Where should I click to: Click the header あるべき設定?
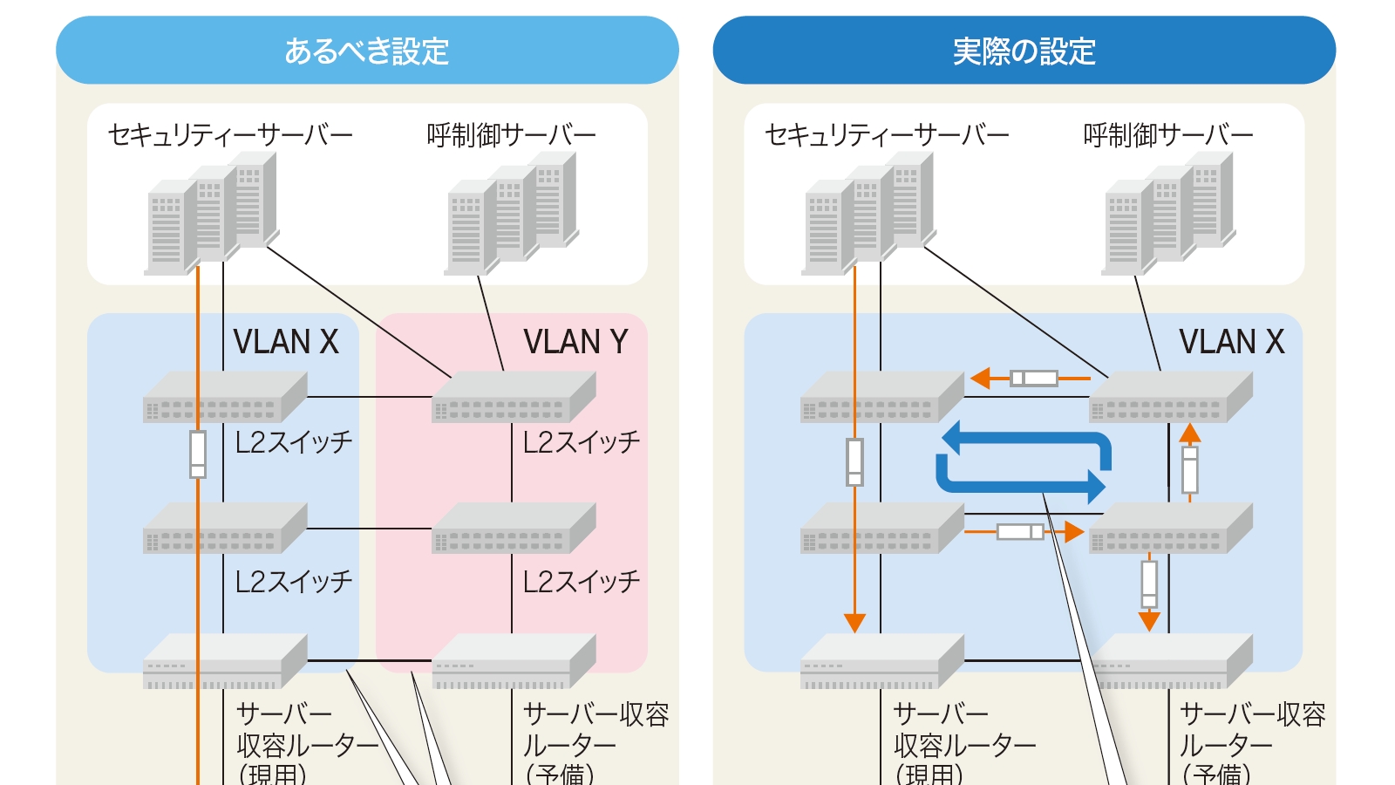366,51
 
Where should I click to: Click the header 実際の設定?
1024,51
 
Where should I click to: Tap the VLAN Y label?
575,342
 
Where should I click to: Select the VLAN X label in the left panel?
286,342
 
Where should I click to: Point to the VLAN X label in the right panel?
1231,342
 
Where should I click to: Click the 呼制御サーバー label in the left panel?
511,135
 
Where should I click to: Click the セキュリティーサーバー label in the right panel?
887,135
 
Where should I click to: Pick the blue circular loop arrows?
1024,461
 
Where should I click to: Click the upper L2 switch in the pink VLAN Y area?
514,398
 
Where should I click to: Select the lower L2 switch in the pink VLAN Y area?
514,529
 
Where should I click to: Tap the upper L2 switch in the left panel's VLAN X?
225,398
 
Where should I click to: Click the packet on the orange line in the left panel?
198,454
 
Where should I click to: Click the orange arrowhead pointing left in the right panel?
981,379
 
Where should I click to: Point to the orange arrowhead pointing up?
1190,433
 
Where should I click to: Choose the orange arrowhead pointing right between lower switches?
1073,531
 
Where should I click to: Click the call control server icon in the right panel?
1168,214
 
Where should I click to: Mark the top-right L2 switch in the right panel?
1170,398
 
